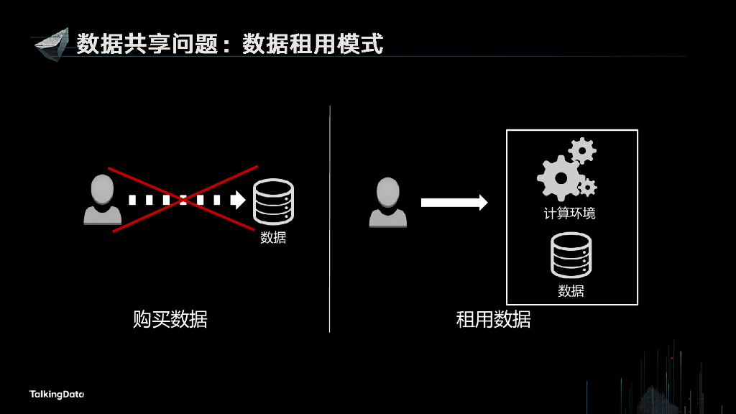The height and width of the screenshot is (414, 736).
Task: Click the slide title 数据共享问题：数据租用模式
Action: point(230,43)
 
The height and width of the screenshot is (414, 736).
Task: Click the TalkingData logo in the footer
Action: point(57,394)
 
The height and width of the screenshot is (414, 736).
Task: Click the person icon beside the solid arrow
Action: point(387,203)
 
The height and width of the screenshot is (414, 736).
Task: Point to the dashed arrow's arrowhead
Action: point(238,200)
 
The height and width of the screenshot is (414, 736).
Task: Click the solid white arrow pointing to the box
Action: point(454,203)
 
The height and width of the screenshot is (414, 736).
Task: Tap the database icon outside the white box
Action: point(273,202)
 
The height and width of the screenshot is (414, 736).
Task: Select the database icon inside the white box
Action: point(571,255)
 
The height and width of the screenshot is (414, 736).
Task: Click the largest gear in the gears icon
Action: point(558,177)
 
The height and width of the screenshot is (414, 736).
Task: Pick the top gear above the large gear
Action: point(582,151)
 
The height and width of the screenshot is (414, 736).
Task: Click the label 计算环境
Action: point(570,213)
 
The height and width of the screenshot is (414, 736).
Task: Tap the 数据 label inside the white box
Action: point(571,291)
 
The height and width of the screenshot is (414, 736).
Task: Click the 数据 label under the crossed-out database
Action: point(273,237)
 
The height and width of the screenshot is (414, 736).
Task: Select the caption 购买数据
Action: point(170,319)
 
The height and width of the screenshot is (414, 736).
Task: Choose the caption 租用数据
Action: point(493,319)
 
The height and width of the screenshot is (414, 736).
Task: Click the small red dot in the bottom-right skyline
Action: point(671,357)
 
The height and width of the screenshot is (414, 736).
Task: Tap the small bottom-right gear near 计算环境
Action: point(588,188)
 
